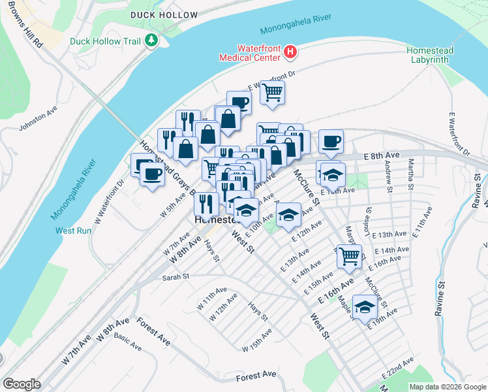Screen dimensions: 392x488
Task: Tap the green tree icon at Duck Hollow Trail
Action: tap(151, 41)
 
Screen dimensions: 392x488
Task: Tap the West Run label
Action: tap(74, 231)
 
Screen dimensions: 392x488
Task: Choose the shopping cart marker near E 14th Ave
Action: tap(350, 255)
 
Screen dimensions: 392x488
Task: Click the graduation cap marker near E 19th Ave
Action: tap(365, 306)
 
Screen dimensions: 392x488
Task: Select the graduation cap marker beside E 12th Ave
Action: tap(288, 214)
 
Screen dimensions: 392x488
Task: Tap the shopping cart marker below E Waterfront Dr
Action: tap(272, 91)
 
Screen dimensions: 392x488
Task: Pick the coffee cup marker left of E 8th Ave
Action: tap(331, 141)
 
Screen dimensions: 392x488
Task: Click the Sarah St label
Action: tap(175, 277)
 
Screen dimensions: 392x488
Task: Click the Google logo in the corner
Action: tap(21, 384)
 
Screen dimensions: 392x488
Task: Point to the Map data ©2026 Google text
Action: tap(447, 387)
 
